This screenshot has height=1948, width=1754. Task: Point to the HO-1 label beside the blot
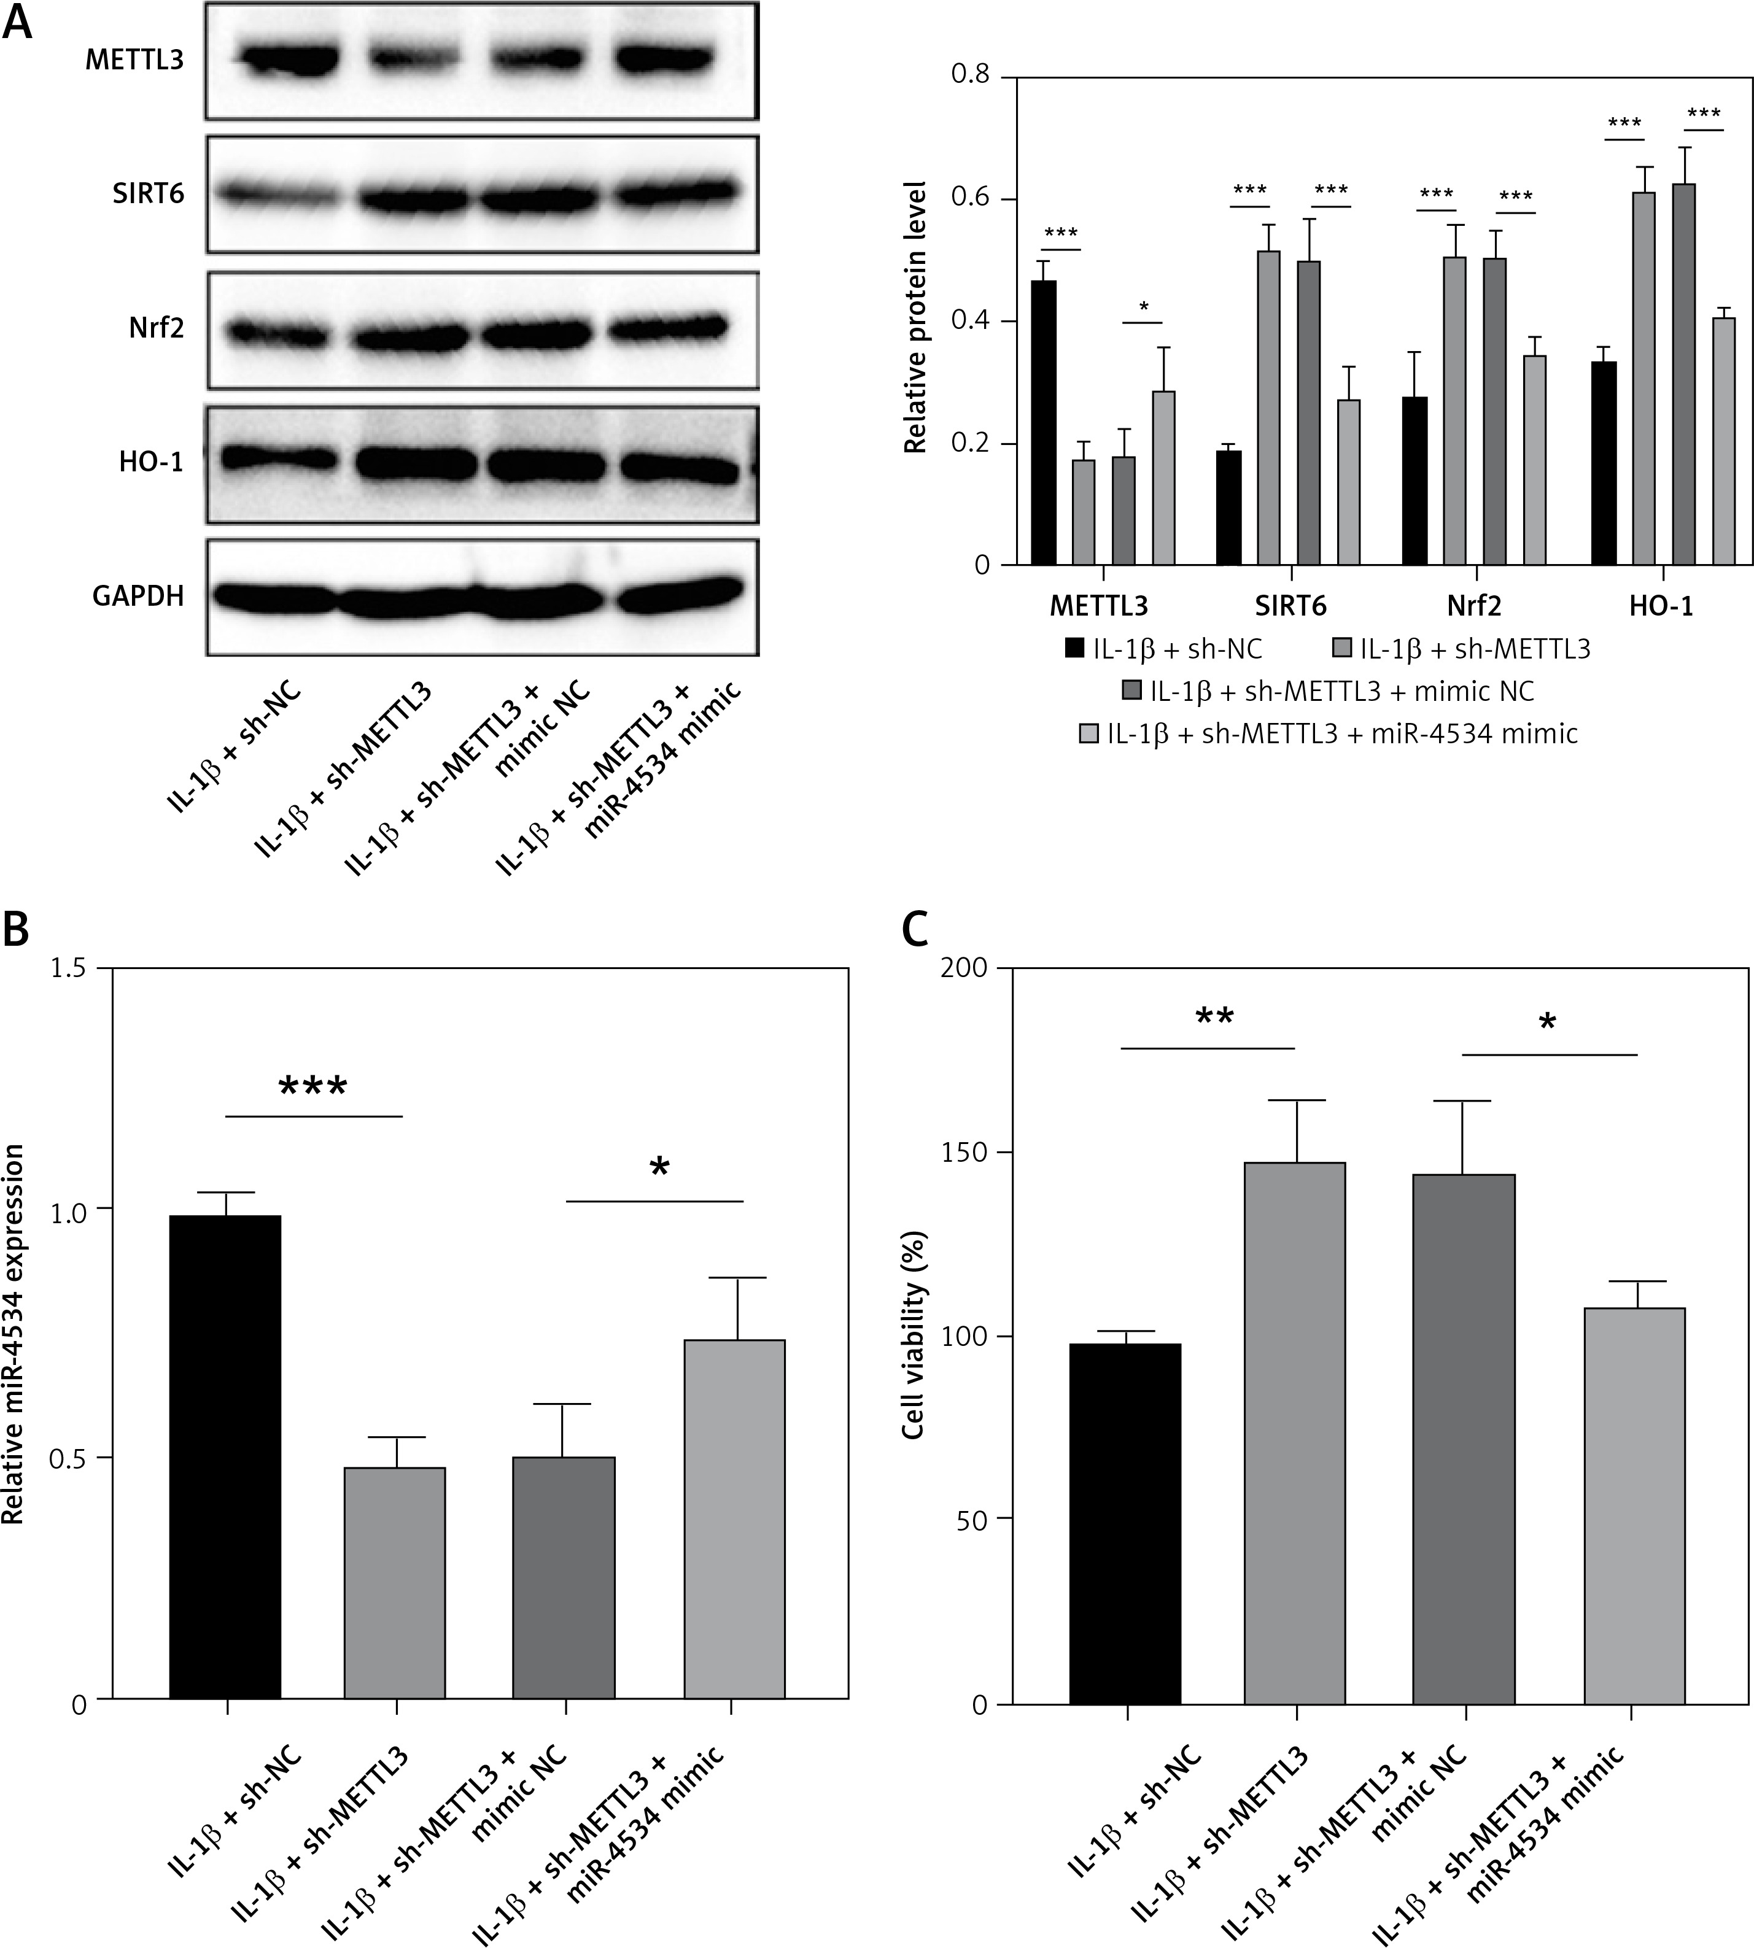151,462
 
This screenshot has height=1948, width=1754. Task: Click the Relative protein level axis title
915,318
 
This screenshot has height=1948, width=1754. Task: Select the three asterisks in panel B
312,1089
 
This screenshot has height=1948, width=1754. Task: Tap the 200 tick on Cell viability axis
966,968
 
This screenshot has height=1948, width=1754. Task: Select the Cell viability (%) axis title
914,1335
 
